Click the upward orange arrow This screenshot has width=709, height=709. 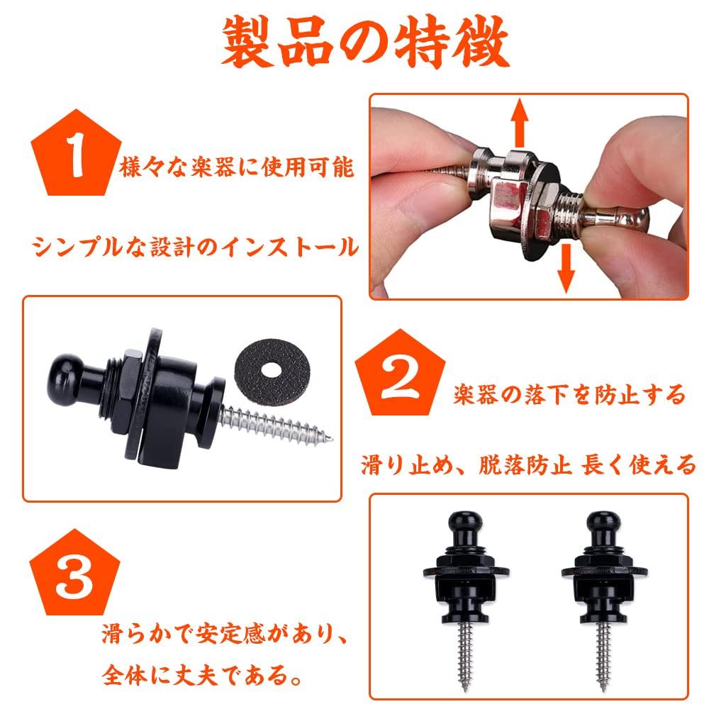click(521, 122)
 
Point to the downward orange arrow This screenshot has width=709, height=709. click(564, 267)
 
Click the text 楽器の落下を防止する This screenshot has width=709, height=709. click(569, 393)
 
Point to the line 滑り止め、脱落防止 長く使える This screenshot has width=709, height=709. click(528, 466)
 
